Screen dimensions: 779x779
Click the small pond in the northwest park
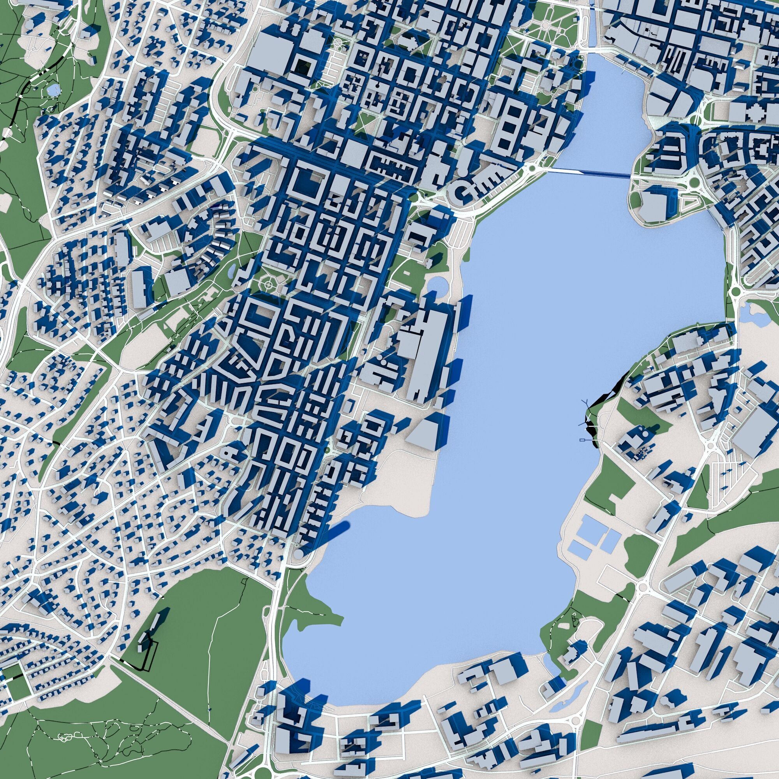tap(52, 90)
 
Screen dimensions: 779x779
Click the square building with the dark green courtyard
tap(301, 68)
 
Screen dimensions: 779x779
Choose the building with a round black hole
tap(377, 86)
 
